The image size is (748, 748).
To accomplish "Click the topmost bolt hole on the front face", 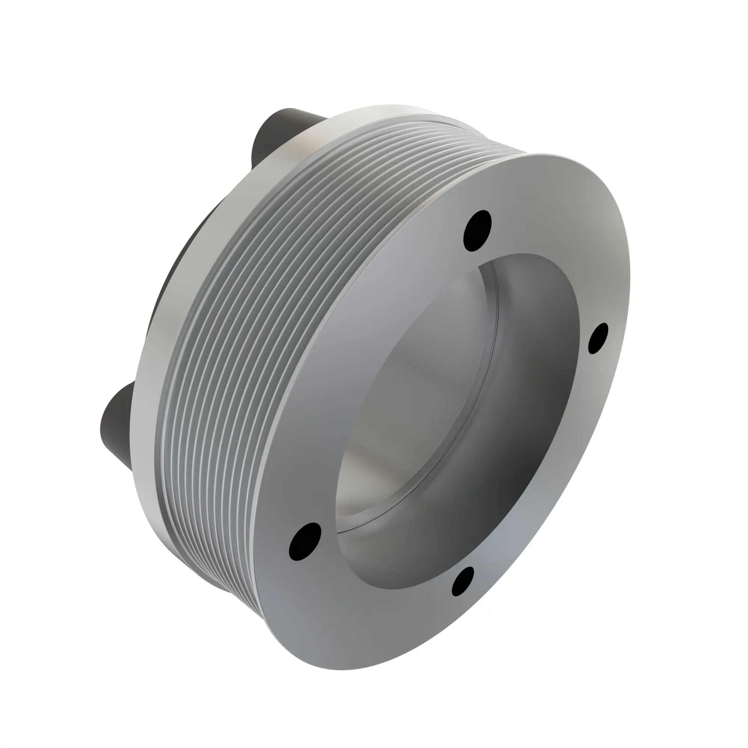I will point(477,231).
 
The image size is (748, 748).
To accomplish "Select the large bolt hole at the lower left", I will point(305,542).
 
